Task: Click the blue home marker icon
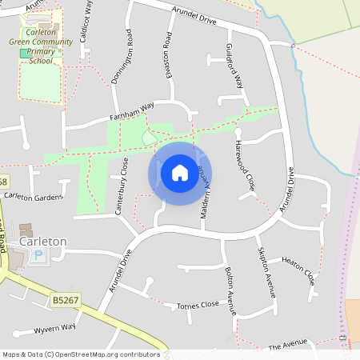(180, 173)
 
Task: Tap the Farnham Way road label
(131, 112)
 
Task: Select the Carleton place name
(43, 241)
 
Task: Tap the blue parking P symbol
(40, 255)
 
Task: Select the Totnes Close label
(198, 305)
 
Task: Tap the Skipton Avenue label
(266, 271)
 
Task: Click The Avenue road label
(287, 345)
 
